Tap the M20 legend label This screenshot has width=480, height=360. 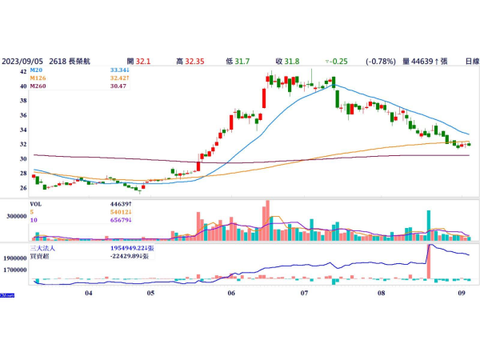(x=38, y=70)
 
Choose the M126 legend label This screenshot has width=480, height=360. (x=39, y=78)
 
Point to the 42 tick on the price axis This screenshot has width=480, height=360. (x=25, y=71)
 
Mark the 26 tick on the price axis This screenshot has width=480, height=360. (x=25, y=188)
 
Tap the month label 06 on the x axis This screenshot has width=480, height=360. (x=231, y=293)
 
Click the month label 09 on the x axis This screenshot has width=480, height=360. (x=462, y=293)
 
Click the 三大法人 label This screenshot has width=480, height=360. (x=42, y=250)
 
